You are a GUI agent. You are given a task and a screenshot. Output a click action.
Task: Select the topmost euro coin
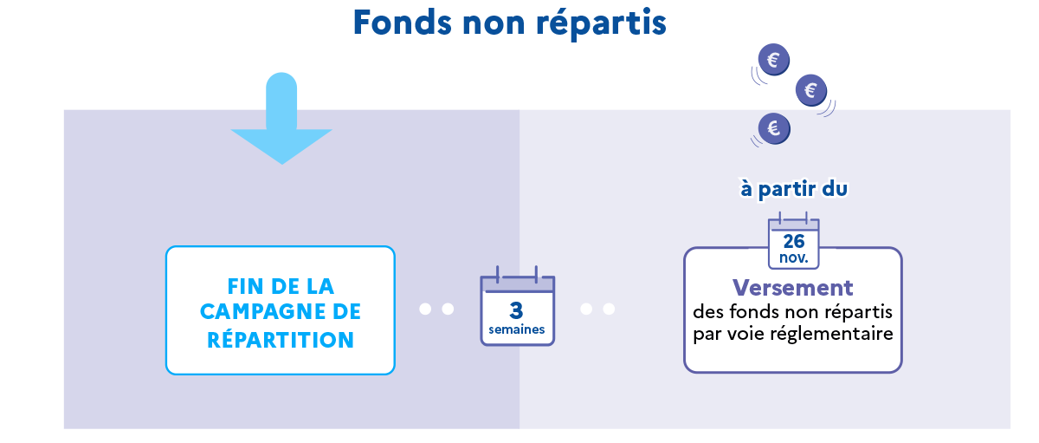[772, 60]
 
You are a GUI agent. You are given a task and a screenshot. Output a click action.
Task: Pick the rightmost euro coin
[810, 89]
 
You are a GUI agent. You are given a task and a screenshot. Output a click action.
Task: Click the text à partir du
[792, 189]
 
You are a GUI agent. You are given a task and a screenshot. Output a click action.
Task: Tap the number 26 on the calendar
[794, 241]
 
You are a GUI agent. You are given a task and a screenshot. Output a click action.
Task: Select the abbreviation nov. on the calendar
[794, 257]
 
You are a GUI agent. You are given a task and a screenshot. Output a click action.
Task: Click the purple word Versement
[792, 288]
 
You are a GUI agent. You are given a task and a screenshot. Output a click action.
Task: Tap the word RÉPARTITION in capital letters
[281, 340]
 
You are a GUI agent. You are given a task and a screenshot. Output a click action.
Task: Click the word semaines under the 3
[517, 329]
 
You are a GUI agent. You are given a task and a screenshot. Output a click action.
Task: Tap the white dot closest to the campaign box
[425, 309]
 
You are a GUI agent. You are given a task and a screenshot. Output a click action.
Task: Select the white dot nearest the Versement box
[609, 309]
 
